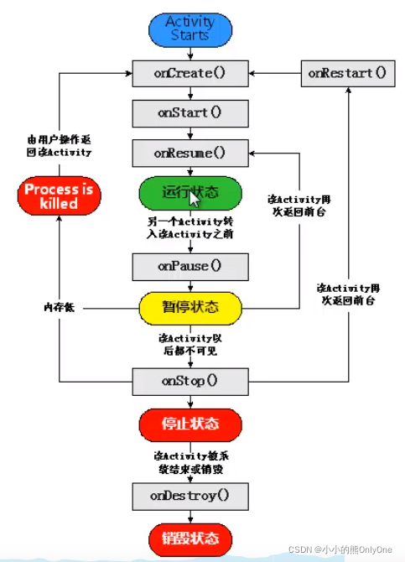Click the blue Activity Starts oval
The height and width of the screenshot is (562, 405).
tap(190, 29)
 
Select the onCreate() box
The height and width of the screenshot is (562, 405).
tap(190, 72)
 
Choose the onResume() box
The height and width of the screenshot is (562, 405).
tap(190, 154)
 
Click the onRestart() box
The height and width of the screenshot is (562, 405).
tap(347, 73)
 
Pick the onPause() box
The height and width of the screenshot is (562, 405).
tap(190, 267)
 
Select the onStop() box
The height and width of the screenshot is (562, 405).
tap(190, 381)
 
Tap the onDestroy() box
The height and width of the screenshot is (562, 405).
tap(190, 496)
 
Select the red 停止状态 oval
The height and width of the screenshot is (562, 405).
tap(190, 423)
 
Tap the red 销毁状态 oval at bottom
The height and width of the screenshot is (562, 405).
tap(190, 537)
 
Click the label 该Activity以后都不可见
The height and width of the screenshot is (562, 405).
tap(190, 344)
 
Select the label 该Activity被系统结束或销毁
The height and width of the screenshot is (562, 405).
tap(190, 460)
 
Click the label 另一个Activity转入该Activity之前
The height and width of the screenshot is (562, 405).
tap(190, 229)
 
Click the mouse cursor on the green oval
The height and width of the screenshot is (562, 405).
tap(195, 200)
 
